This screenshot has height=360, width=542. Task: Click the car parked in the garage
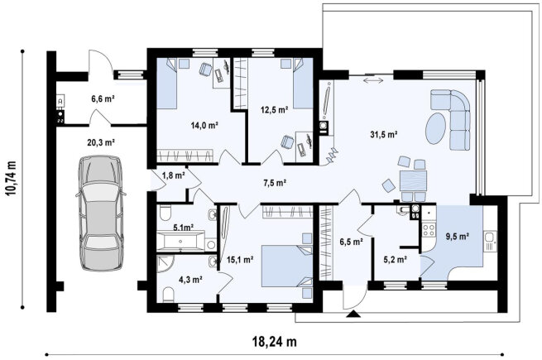point(101,213)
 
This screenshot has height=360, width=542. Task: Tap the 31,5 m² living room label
point(384,135)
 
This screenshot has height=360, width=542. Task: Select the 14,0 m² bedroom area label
point(204,125)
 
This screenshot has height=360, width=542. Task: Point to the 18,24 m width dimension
point(275,342)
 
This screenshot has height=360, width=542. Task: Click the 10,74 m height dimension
point(12,179)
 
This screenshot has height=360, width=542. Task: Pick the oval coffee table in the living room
point(436,128)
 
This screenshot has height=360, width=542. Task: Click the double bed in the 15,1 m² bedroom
point(287,266)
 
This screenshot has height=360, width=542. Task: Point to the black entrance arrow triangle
point(353,314)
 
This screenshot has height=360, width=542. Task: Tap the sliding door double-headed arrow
point(373,80)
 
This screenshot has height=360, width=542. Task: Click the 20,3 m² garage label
point(101,142)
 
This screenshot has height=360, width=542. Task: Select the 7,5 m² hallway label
point(275,183)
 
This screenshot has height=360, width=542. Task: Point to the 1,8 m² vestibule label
point(174,175)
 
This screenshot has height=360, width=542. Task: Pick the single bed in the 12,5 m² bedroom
point(304,83)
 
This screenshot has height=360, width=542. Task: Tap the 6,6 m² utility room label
point(103,99)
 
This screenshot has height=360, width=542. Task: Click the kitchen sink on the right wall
point(490,241)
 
